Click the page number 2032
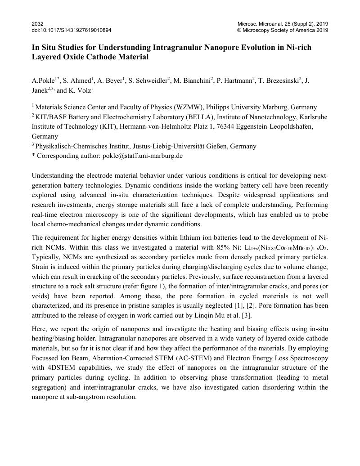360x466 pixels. (x=38, y=23)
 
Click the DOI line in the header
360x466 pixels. (x=72, y=30)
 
